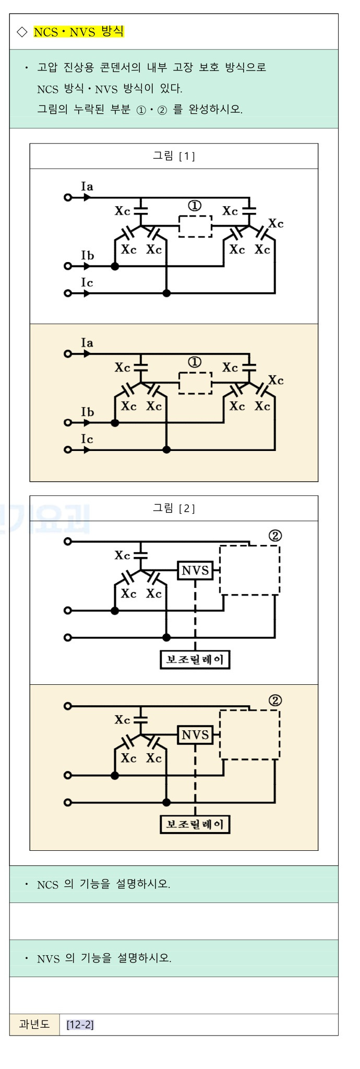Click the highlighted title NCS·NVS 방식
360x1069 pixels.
coord(79,32)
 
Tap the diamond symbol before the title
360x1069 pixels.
coord(22,32)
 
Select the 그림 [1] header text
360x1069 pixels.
coord(174,156)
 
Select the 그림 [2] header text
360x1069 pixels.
coord(174,508)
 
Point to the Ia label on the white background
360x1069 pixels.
coord(87,186)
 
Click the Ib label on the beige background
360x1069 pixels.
coord(87,412)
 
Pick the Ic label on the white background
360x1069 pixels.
coord(87,282)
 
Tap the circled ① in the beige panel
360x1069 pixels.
coord(195,362)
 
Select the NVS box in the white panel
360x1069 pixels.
coord(195,571)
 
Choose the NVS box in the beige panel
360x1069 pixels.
coord(195,735)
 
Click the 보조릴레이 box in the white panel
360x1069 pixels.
coord(195,660)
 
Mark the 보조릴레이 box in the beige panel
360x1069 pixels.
coord(195,825)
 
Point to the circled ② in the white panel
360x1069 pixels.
coord(275,536)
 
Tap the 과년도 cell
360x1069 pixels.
coord(34,1024)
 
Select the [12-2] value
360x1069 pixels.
coord(80,1025)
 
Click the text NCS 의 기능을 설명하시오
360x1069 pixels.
coord(103,884)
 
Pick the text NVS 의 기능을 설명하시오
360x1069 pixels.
coord(104,958)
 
